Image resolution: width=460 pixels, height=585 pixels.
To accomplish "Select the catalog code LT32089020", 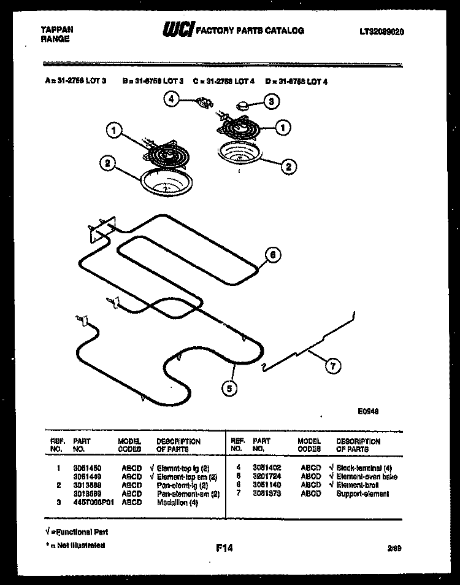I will click(382, 31).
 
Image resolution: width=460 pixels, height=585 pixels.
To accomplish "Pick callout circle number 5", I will click(229, 387).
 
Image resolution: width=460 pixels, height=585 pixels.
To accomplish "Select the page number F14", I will click(224, 548).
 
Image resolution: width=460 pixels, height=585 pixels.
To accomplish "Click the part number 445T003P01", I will click(92, 502).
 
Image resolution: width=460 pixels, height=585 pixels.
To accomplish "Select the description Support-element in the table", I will click(362, 494).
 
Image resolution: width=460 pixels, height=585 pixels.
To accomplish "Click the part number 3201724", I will click(266, 476).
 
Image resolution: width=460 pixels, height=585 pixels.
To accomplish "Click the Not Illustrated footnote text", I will click(77, 545).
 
